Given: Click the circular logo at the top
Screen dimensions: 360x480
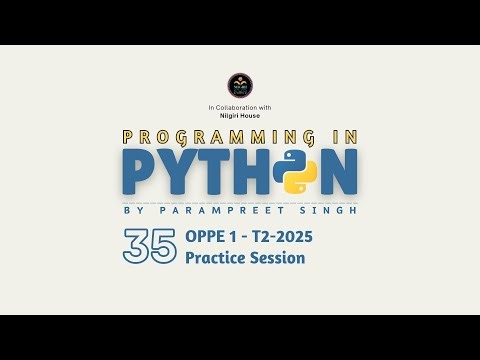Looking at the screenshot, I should (x=240, y=84).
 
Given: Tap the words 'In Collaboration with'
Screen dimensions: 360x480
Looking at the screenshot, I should (x=240, y=107).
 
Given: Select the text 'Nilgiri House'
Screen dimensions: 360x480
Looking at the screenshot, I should (x=240, y=116).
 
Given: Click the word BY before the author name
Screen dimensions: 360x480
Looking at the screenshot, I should (x=130, y=209).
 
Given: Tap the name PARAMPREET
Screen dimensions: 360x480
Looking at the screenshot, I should (x=217, y=209).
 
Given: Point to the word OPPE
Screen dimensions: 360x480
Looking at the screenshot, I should (x=206, y=238).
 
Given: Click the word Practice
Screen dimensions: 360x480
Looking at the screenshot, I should (x=217, y=258).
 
